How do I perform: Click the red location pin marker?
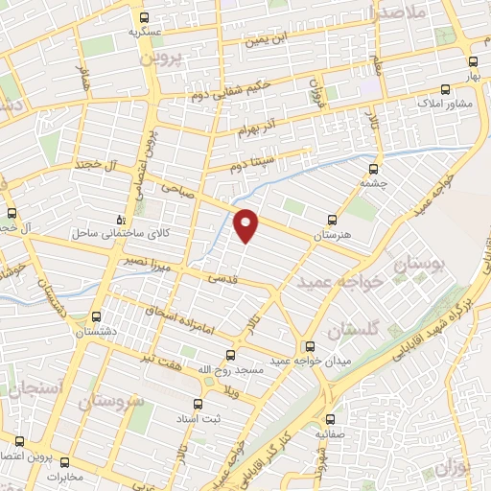coord(247,224)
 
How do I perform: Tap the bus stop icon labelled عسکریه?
coord(144,18)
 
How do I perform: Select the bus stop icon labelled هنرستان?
coord(332,220)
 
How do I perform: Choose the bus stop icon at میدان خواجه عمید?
coord(309,346)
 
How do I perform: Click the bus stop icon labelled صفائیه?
coord(331,419)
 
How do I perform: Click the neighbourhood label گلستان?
coord(352,329)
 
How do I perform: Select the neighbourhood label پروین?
coord(160,58)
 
